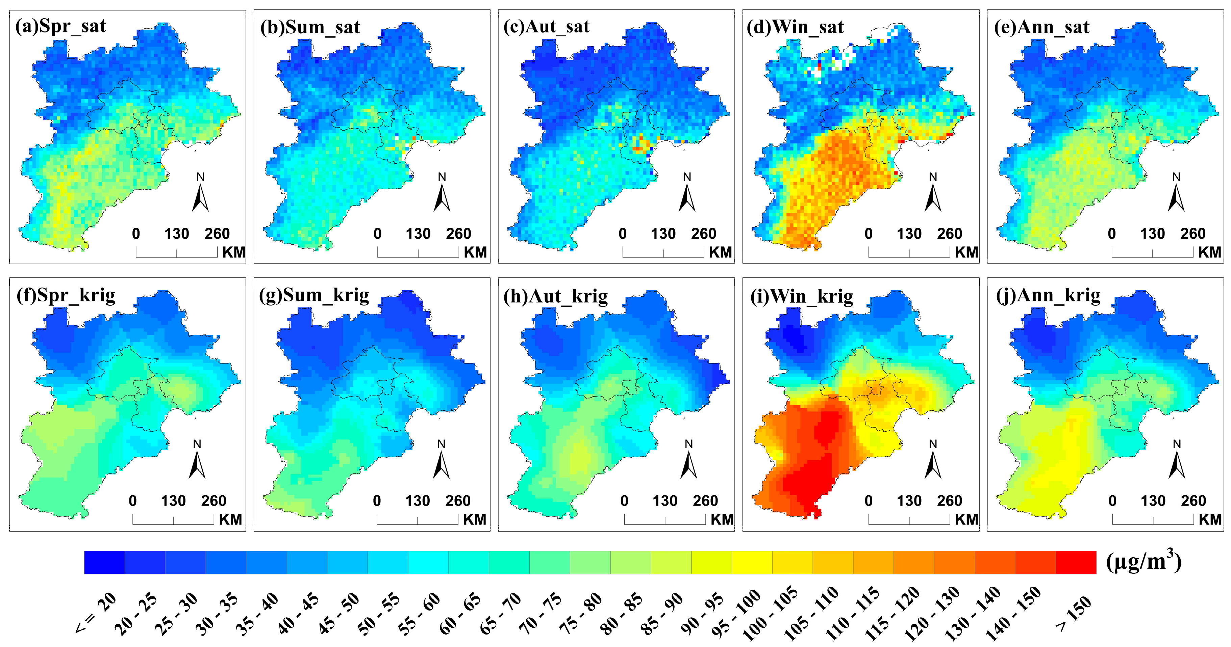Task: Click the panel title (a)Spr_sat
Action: click(x=61, y=26)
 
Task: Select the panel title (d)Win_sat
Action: click(x=795, y=27)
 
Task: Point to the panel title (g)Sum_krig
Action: click(x=314, y=295)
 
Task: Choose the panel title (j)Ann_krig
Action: click(x=1048, y=295)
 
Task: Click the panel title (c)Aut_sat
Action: click(x=546, y=27)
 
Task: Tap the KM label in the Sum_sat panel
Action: click(x=475, y=252)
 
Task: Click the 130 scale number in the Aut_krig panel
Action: click(x=665, y=501)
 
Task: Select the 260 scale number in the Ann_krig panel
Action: click(x=1193, y=501)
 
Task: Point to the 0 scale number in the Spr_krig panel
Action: click(x=132, y=501)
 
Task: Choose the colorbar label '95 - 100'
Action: click(x=736, y=614)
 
